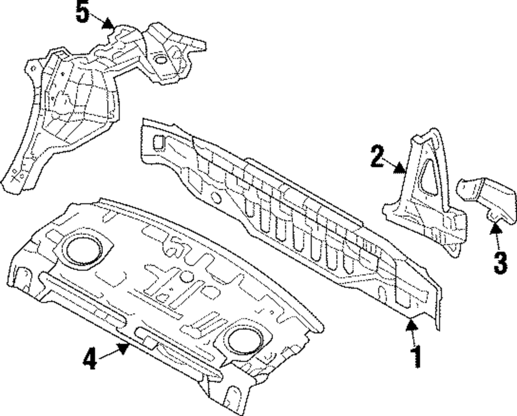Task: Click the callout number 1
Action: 416,357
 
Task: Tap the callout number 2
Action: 377,157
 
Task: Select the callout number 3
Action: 500,262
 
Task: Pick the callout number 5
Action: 83,12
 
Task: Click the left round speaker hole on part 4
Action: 82,249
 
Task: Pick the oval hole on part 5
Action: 161,60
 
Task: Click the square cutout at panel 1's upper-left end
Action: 159,140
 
